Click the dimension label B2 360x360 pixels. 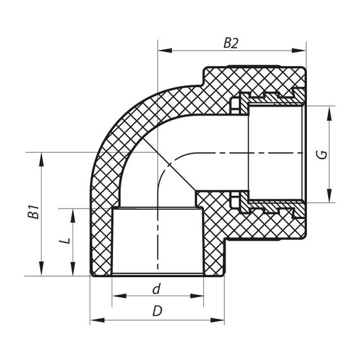click(231, 43)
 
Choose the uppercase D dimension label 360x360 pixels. click(157, 312)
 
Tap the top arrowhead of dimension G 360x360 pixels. click(330, 111)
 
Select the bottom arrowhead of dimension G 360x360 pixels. click(330, 199)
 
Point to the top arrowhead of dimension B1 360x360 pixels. click(42, 156)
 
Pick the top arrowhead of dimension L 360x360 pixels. click(73, 212)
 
